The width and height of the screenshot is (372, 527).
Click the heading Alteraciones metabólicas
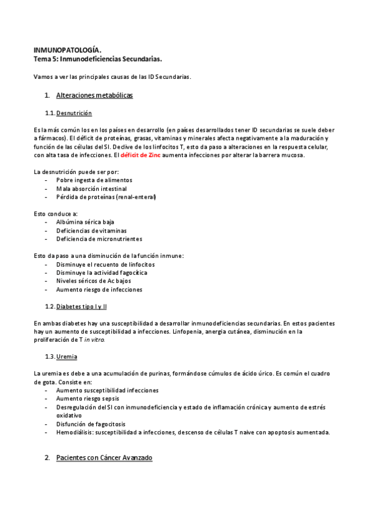(x=94, y=96)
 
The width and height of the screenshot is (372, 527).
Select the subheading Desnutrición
(x=74, y=113)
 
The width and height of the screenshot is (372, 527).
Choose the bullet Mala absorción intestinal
(x=91, y=188)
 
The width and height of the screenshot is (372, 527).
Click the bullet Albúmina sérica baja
(x=85, y=222)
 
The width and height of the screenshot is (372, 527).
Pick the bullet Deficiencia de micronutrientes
(x=99, y=239)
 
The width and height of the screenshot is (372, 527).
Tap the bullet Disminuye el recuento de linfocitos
(x=105, y=264)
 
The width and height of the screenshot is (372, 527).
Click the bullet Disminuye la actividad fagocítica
(x=101, y=272)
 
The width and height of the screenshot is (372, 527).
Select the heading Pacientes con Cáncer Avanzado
(x=104, y=458)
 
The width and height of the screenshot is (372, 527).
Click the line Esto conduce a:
(x=56, y=214)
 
